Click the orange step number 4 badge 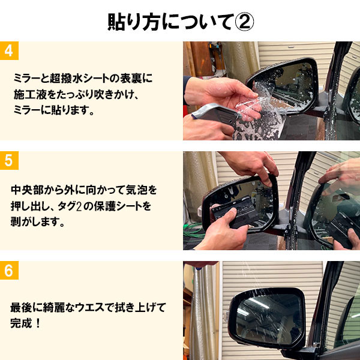9,50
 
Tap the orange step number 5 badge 9,160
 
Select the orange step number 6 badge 9,270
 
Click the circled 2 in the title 242,22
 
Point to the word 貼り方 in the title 129,22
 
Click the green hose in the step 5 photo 198,228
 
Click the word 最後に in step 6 28,307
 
